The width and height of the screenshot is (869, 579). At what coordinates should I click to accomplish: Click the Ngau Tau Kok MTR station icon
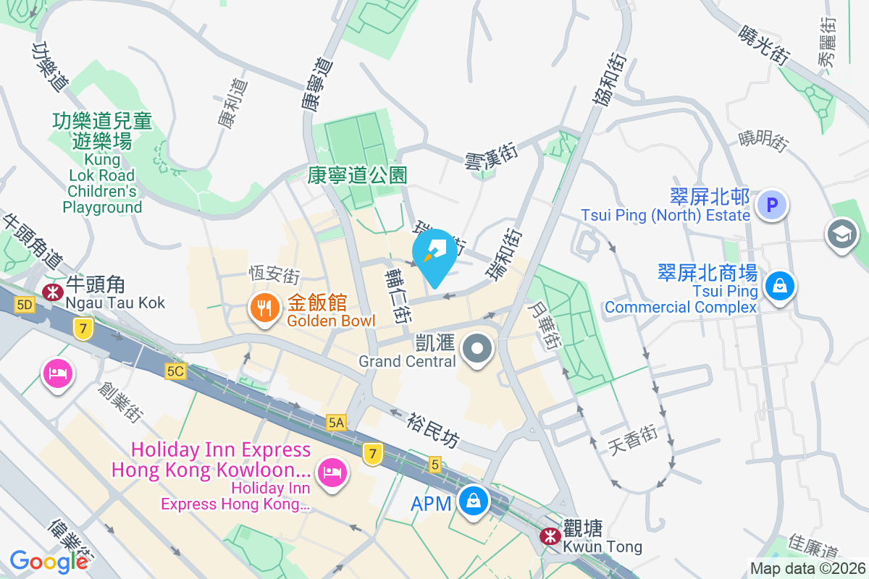[52, 292]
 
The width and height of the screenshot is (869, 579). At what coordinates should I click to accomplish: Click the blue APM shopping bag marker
[473, 501]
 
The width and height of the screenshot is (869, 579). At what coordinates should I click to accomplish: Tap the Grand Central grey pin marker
[477, 350]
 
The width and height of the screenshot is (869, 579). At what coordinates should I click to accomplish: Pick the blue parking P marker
[772, 205]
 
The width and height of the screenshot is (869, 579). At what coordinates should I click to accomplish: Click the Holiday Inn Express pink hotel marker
[332, 474]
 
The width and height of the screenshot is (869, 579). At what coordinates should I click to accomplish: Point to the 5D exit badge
[25, 305]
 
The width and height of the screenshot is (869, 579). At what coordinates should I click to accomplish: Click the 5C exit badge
[175, 371]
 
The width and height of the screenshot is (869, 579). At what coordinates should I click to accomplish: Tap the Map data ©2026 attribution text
[807, 569]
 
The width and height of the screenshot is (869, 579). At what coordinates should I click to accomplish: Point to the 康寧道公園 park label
[357, 174]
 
